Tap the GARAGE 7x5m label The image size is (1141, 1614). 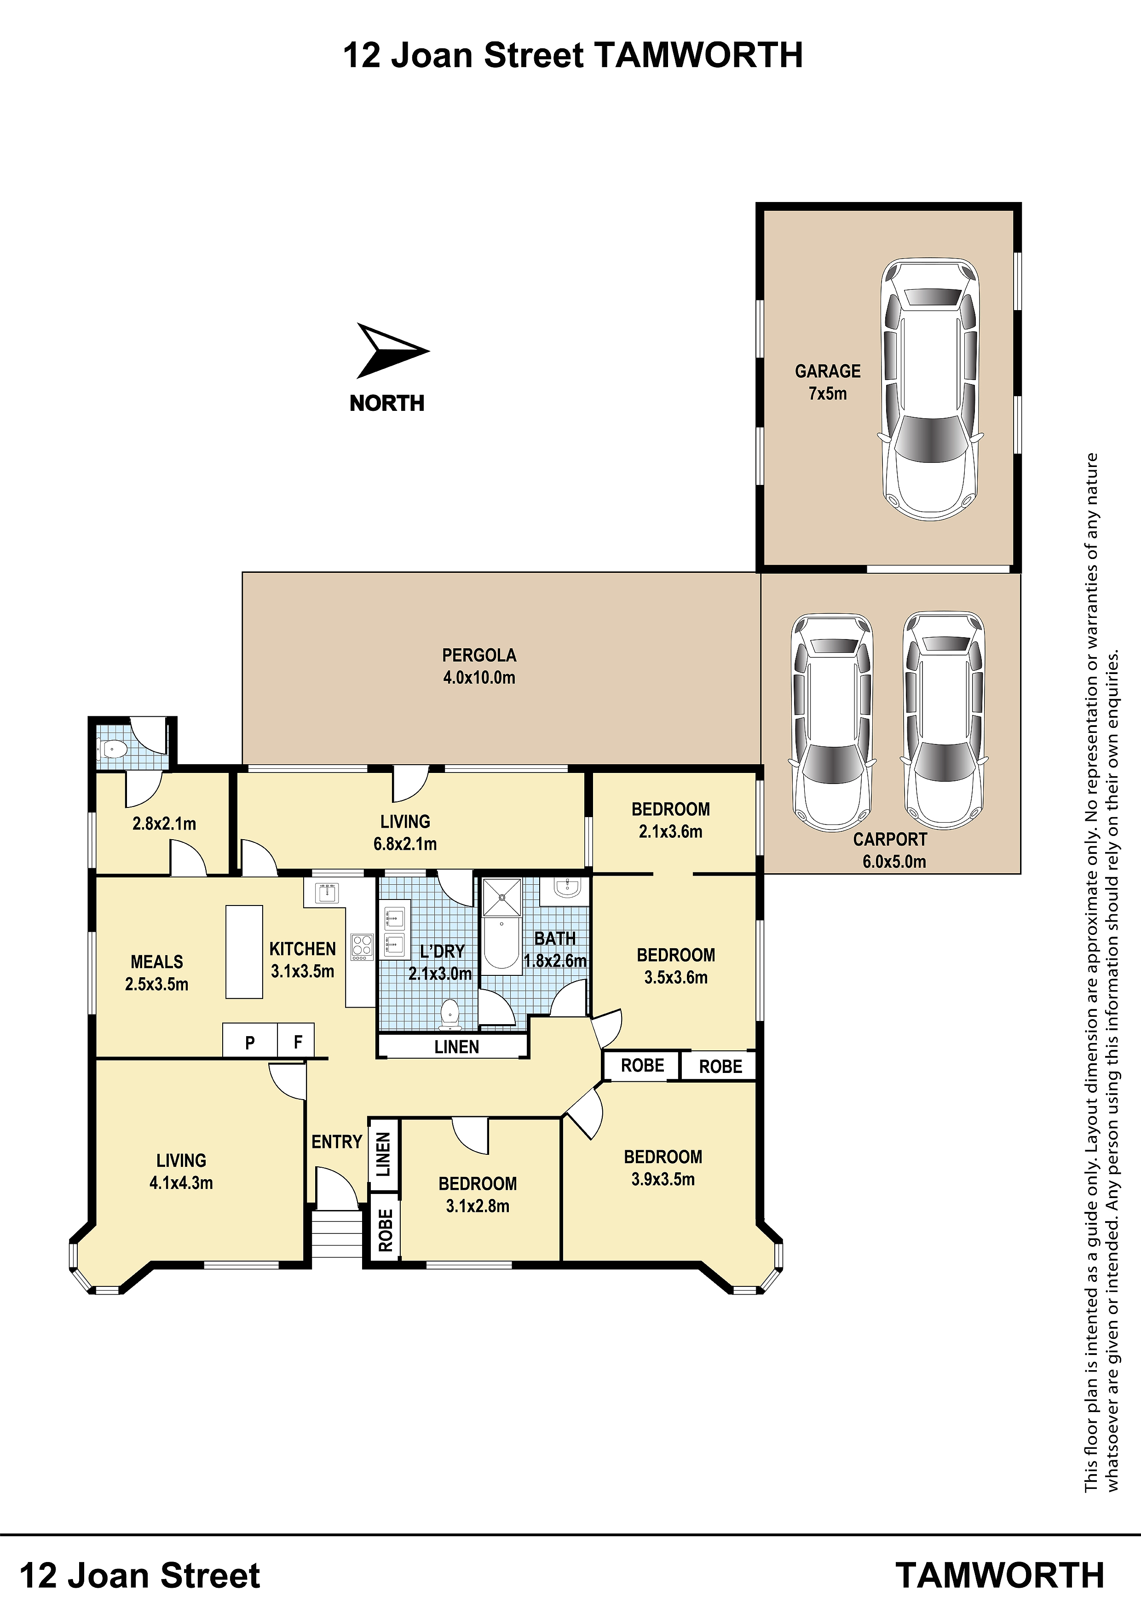click(827, 382)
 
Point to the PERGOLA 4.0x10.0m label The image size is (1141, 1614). click(479, 666)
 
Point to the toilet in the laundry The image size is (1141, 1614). click(449, 1015)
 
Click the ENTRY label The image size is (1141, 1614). click(337, 1141)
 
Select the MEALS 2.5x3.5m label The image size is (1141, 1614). click(157, 972)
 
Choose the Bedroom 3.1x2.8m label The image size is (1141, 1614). click(478, 1194)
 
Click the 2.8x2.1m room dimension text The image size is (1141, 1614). click(165, 823)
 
